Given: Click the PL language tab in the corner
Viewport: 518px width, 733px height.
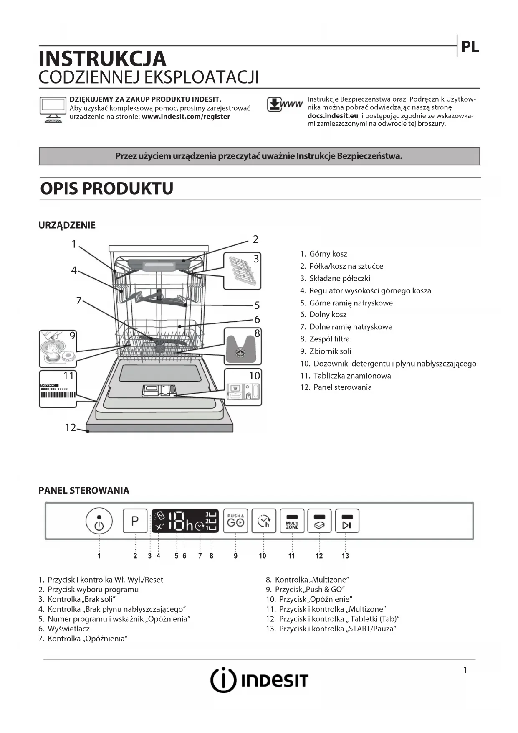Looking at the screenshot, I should [470, 47].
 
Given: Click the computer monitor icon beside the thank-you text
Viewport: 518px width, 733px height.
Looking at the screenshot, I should [53, 109].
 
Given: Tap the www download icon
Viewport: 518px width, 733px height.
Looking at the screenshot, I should [284, 104].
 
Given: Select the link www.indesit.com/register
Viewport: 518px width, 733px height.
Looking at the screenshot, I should [186, 117].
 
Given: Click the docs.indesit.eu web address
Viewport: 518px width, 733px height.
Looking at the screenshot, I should [333, 116].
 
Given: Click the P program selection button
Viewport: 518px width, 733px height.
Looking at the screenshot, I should [135, 521].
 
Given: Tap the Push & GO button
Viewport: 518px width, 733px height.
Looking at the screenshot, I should [235, 521].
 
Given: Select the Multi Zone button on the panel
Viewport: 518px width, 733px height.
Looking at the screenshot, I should [292, 521].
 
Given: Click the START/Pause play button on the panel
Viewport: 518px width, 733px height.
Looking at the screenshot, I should [347, 521].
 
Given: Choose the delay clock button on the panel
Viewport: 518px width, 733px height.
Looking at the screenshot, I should [264, 521].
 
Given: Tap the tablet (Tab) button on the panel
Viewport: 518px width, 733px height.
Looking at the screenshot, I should [319, 521].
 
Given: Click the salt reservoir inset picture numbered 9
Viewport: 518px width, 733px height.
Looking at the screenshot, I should [58, 349].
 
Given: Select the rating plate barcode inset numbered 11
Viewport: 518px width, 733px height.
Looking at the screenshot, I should [58, 389].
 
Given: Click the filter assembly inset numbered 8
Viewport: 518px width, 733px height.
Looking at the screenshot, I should [243, 346].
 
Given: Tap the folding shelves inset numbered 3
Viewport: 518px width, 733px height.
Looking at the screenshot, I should [242, 271].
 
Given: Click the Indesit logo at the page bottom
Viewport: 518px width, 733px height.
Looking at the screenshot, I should [259, 680].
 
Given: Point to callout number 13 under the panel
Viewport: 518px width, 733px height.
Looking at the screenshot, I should [345, 556].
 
